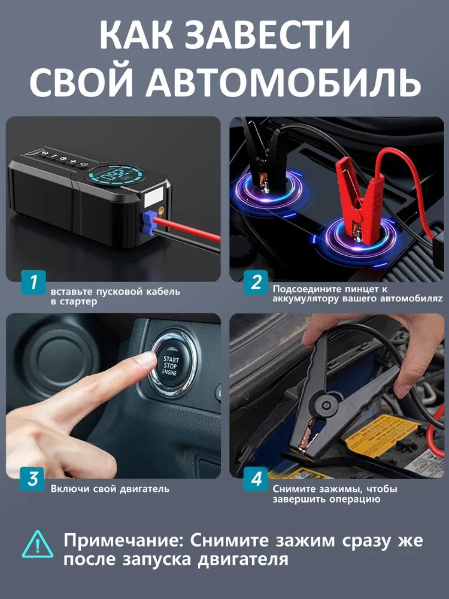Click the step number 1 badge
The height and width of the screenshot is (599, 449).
(x=34, y=282)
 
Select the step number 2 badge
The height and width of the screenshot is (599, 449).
(x=256, y=282)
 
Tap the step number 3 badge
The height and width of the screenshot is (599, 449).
(x=34, y=479)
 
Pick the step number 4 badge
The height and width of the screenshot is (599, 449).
(x=256, y=479)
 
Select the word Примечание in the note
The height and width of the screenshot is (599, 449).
(x=122, y=540)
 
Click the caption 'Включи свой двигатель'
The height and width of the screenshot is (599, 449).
(x=110, y=489)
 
